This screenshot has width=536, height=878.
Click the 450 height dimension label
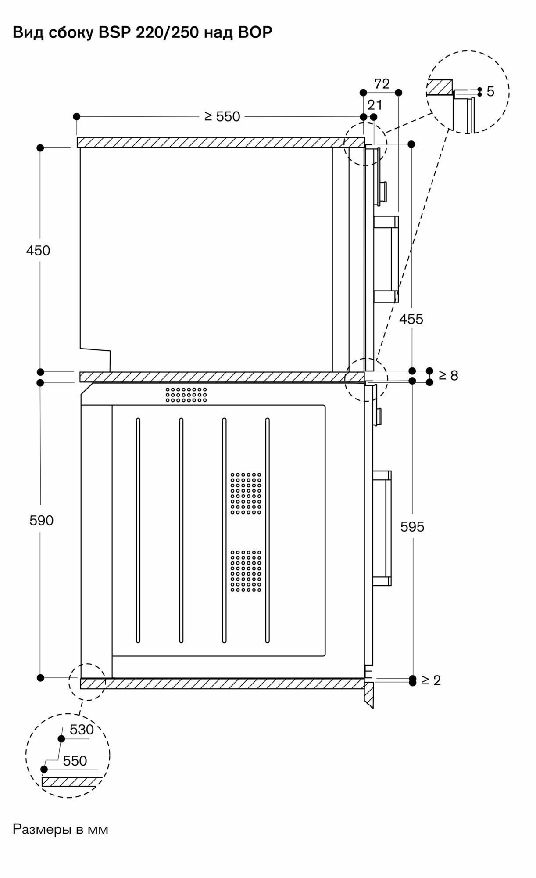tap(38, 251)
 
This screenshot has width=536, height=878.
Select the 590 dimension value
tap(41, 521)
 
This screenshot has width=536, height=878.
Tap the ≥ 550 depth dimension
tap(222, 116)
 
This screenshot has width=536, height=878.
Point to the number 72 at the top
tap(382, 84)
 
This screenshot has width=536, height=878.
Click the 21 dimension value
tap(375, 105)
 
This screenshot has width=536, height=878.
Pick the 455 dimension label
tap(411, 319)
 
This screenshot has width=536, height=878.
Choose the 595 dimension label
tap(412, 527)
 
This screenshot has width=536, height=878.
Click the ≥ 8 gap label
tap(448, 375)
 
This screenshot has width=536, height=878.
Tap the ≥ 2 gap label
tap(431, 680)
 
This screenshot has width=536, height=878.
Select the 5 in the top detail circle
tap(490, 91)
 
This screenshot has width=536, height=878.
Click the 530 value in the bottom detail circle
tap(82, 729)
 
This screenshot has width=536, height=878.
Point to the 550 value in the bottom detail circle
tap(75, 761)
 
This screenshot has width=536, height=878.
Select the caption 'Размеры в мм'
tap(60, 829)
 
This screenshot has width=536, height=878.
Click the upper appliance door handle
tap(386, 259)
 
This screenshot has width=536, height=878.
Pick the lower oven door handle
tap(381, 528)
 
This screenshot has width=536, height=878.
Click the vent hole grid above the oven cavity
tap(186, 395)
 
